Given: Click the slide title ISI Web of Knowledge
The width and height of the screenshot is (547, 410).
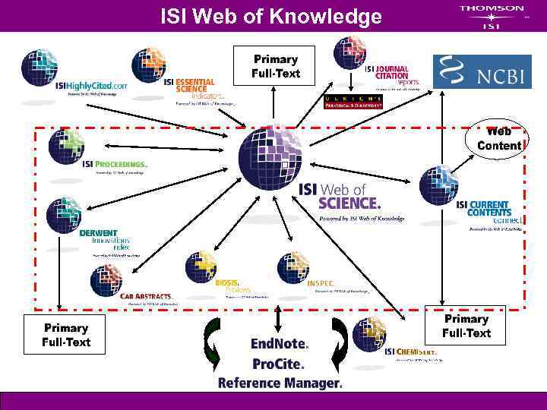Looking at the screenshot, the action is (271, 16).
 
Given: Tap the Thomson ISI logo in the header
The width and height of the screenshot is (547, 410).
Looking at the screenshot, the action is (491, 16).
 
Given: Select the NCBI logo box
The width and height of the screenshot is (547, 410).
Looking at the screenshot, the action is (481, 72).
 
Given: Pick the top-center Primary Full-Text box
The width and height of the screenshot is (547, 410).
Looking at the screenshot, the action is (276, 66).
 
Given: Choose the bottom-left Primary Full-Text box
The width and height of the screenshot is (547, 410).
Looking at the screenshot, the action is (66, 335).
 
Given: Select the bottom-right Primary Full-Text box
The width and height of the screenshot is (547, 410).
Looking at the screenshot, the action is (466, 326).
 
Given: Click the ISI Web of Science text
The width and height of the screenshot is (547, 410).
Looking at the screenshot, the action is (339, 196).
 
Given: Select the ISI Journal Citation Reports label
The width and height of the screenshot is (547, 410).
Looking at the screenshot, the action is (392, 73).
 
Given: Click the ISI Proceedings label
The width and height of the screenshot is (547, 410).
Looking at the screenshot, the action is (114, 163).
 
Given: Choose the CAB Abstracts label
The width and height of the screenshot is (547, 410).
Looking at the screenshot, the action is (146, 296).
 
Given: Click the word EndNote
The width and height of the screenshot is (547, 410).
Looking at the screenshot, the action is (280, 344).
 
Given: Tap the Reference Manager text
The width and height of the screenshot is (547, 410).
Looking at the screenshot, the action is (280, 383).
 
